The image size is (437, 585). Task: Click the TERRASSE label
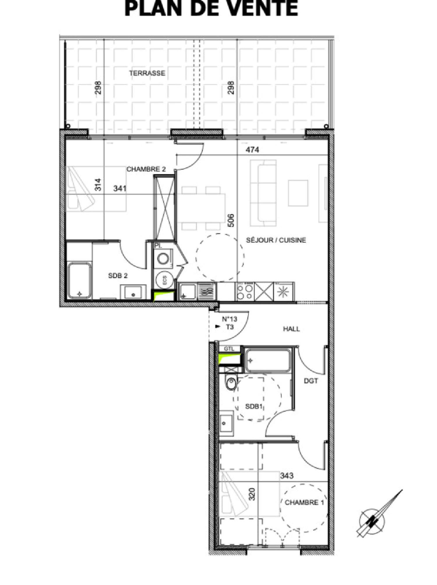(x=147, y=73)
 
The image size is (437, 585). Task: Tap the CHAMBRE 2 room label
(x=146, y=169)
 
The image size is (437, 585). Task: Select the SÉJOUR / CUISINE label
(x=276, y=240)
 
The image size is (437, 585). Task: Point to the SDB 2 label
(x=118, y=275)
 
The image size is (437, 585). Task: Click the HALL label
(x=291, y=329)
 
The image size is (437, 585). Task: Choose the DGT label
(x=311, y=381)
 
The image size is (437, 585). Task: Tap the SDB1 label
(x=253, y=407)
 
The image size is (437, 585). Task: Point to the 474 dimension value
(x=253, y=150)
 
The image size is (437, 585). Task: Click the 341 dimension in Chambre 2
(x=120, y=189)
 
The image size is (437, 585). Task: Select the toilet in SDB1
(x=231, y=383)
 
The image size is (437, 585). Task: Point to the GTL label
(x=229, y=349)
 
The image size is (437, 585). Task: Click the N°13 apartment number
(x=229, y=319)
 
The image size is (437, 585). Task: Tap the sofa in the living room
(x=263, y=193)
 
